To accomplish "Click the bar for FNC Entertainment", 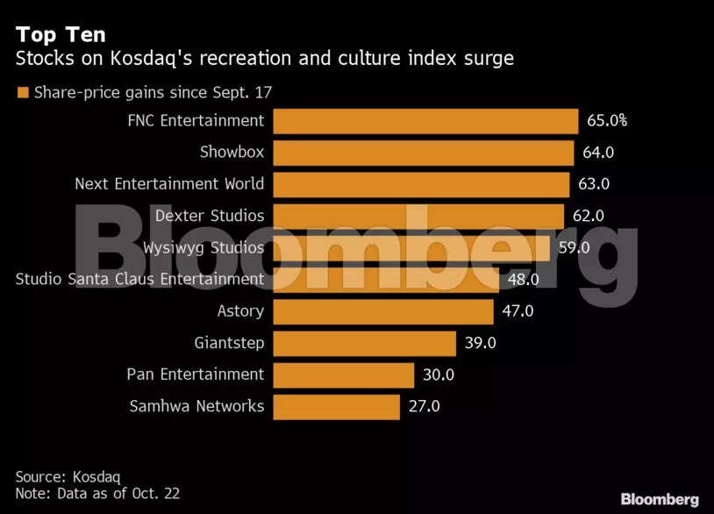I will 425,121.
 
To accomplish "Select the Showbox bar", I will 424,153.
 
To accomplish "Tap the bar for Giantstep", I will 364,343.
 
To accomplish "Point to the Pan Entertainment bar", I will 343,375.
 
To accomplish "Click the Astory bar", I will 383,311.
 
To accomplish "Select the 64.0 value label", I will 598,153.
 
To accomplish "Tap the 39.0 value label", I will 480,343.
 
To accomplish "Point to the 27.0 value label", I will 424,406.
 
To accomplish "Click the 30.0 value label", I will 438,375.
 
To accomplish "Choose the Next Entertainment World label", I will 169,184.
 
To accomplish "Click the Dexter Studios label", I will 210,216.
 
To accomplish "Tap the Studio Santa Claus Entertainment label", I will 140,279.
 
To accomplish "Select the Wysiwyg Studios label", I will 203,247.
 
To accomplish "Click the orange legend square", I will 23,91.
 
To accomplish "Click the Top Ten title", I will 61,35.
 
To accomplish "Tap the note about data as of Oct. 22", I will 97,494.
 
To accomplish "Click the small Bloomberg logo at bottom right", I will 660,499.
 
